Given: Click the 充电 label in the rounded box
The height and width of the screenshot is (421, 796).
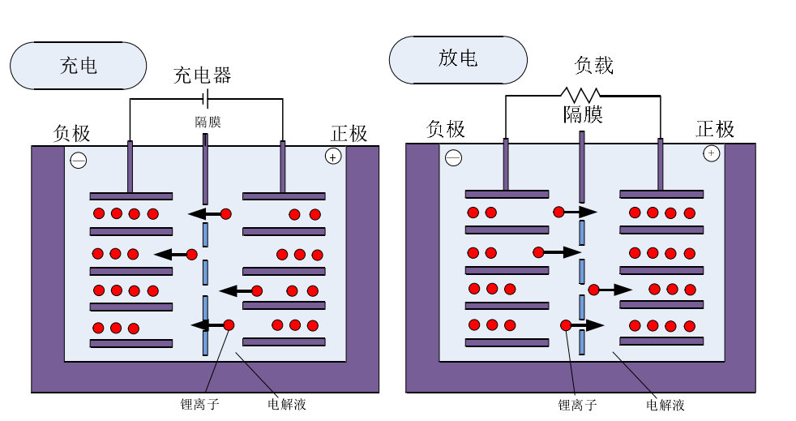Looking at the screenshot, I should coord(79,65).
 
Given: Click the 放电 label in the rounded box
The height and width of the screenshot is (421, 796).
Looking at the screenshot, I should coord(458,58).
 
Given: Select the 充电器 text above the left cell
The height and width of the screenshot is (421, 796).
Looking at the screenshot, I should coord(203,75).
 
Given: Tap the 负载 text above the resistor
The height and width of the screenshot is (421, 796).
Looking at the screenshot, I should coord(594,66).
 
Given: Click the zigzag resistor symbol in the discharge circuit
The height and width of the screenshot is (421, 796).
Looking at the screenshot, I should coord(580,95).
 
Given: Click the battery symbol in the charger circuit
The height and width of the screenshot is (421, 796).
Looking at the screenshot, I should coord(206,99).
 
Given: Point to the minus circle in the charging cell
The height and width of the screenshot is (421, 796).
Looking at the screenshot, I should coord(79,161).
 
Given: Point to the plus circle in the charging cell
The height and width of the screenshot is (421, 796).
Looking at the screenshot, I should coord(332,157).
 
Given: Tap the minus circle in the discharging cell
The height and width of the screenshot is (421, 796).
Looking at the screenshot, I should coord(454,158).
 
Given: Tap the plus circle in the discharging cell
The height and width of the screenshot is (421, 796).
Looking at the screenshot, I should coord(711,153).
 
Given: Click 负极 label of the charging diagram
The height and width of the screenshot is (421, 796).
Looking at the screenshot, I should coord(72,133).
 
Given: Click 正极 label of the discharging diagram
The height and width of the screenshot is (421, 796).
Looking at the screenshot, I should coord(715,129).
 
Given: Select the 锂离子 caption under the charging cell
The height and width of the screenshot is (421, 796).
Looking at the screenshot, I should coord(200,403).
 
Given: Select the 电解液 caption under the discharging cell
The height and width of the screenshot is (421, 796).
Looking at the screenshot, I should coord(665,404).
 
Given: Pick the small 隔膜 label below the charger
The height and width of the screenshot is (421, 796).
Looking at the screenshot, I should coord(208,122).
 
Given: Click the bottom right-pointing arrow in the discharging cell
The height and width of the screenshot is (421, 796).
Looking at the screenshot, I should coord(588,325).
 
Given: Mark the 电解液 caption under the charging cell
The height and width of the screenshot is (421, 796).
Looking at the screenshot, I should coord(287,403).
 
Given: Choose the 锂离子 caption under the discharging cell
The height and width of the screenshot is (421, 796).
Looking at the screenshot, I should coord(577,404).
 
